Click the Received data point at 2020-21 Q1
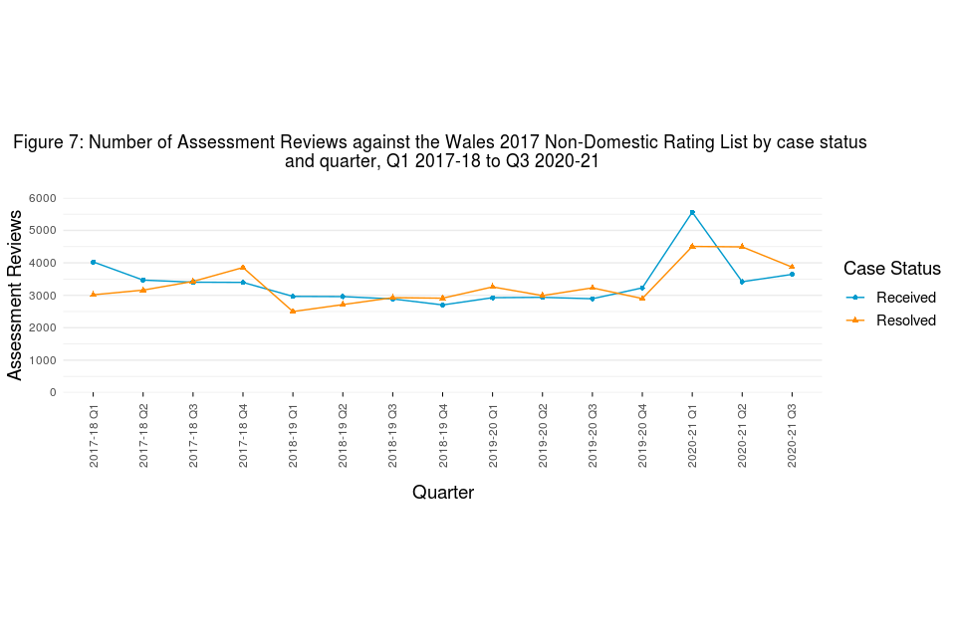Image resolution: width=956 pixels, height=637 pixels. pyautogui.click(x=692, y=212)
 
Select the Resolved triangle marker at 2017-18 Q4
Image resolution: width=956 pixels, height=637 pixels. pyautogui.click(x=243, y=267)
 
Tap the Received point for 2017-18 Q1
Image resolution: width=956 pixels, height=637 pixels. pyautogui.click(x=93, y=262)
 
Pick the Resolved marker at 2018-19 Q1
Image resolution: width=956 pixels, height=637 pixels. pyautogui.click(x=293, y=312)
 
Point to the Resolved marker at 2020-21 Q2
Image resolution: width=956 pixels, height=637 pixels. pyautogui.click(x=742, y=247)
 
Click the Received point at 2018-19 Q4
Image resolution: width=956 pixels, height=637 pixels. pyautogui.click(x=442, y=305)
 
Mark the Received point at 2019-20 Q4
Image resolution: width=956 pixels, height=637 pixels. pyautogui.click(x=642, y=288)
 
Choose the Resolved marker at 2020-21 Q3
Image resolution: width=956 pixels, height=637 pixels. pyautogui.click(x=792, y=267)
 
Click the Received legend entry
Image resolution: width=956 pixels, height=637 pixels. pyautogui.click(x=905, y=298)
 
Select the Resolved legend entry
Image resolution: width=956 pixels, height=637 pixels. pyautogui.click(x=905, y=320)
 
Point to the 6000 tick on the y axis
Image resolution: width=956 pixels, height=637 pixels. pyautogui.click(x=43, y=198)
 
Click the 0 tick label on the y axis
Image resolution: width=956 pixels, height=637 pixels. pyautogui.click(x=53, y=392)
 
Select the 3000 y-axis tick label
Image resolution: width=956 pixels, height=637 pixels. pyautogui.click(x=43, y=296)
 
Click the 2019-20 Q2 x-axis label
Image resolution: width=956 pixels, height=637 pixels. pyautogui.click(x=543, y=435)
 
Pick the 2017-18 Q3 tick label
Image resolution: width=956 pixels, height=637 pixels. pyautogui.click(x=193, y=435)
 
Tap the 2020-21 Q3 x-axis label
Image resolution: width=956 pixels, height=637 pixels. pyautogui.click(x=792, y=435)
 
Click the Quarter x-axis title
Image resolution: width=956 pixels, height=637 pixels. pyautogui.click(x=442, y=493)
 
